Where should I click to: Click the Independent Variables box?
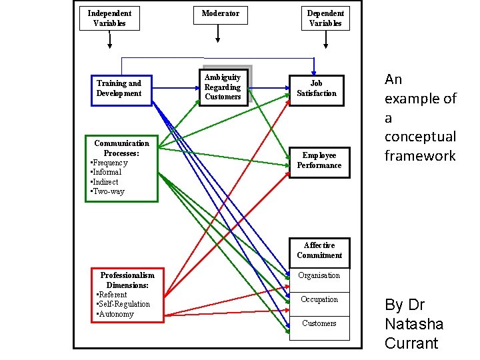point(109,18)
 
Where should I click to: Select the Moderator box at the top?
point(220,13)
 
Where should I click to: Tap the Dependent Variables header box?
point(325,18)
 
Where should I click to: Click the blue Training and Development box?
point(119,89)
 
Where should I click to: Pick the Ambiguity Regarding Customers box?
point(223,87)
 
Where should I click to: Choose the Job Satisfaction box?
point(316,89)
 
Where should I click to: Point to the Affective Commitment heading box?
point(319,250)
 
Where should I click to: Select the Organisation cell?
point(319,275)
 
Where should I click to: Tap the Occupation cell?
point(319,299)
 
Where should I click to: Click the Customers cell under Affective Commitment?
point(319,323)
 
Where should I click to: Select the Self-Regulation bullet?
point(124,304)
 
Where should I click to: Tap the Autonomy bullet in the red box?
point(115,314)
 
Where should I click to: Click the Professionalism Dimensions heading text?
point(127,280)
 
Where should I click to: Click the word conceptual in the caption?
point(420,137)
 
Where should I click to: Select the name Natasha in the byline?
point(413,325)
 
